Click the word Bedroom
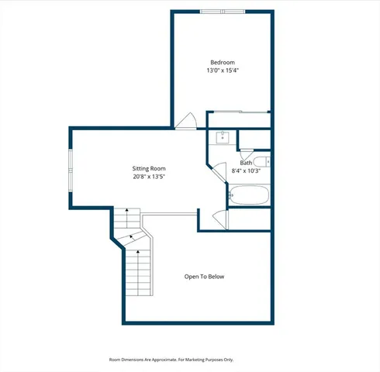click(222, 62)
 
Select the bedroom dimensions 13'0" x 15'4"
click(222, 71)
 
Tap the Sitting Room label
click(149, 168)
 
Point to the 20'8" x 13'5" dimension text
click(149, 177)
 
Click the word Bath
click(246, 163)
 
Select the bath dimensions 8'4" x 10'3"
click(246, 171)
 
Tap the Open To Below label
click(204, 277)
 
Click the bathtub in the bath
click(248, 195)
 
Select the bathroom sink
click(222, 137)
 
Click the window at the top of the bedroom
click(222, 12)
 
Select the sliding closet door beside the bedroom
click(239, 113)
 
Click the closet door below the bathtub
click(220, 219)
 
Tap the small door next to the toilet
click(247, 153)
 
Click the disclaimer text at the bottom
click(171, 360)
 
